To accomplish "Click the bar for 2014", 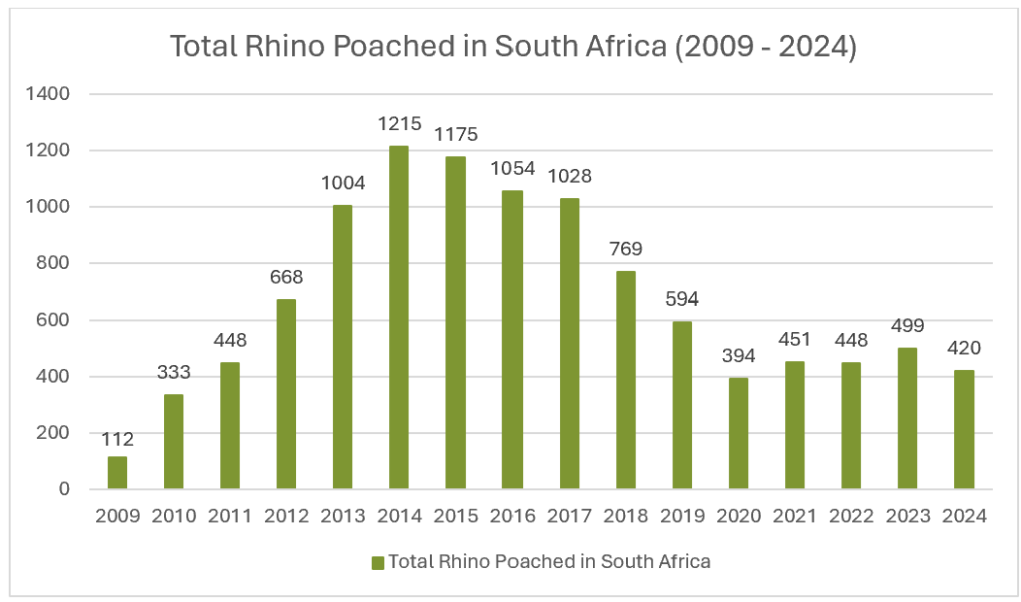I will (x=399, y=318).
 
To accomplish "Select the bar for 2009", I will (x=117, y=472).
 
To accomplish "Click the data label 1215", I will (x=399, y=123).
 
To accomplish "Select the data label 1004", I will (x=343, y=184).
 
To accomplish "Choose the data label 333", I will (x=174, y=372).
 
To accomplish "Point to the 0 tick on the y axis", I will (x=64, y=489).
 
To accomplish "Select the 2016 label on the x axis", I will (x=511, y=517).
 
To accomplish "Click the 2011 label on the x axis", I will (x=230, y=517).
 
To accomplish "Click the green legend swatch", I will (x=378, y=562).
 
